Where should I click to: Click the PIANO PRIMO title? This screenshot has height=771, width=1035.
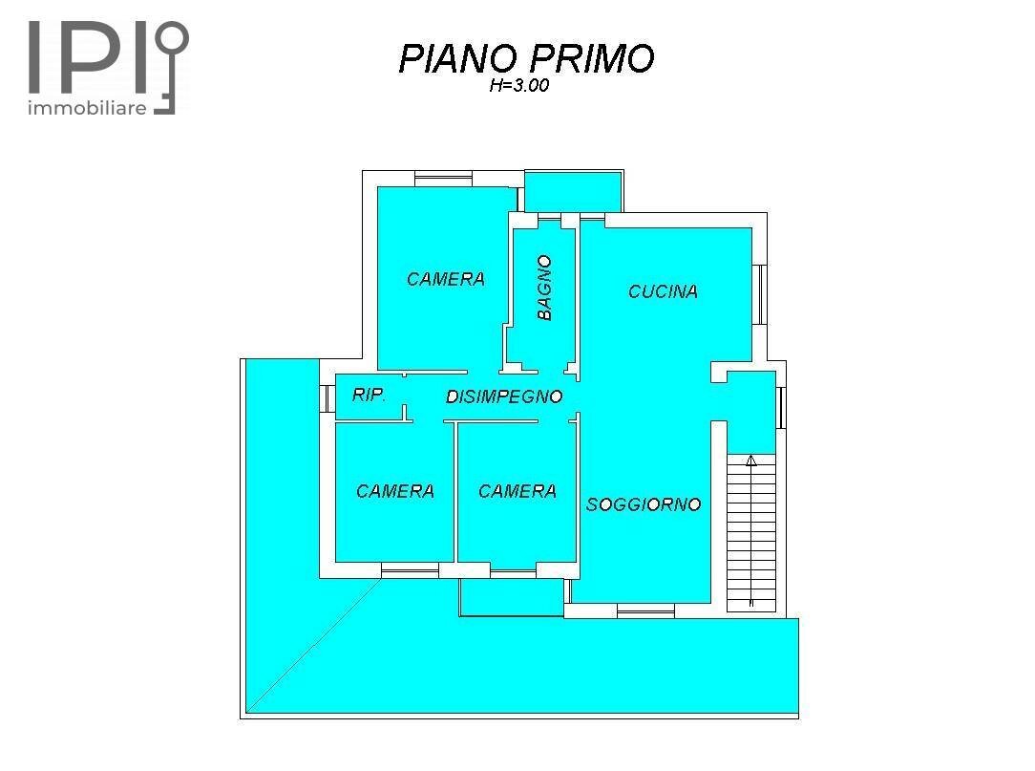click(526, 58)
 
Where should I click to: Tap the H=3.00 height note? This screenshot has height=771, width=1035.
click(518, 86)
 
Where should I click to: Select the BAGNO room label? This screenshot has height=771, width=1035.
click(544, 287)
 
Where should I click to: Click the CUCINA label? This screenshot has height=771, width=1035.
click(663, 291)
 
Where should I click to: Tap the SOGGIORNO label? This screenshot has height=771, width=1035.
click(644, 504)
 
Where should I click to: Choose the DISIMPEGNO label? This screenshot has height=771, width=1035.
click(504, 396)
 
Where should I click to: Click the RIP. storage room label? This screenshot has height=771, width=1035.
click(369, 395)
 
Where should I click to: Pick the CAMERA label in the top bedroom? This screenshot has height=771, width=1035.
click(446, 279)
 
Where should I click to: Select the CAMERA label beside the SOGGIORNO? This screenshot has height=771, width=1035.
click(517, 491)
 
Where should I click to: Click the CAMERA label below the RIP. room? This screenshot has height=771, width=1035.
click(395, 491)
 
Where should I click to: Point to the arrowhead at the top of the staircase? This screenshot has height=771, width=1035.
click(751, 461)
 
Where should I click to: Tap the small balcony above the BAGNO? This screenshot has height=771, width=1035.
click(574, 191)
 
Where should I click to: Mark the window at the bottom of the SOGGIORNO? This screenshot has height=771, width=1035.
click(645, 610)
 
